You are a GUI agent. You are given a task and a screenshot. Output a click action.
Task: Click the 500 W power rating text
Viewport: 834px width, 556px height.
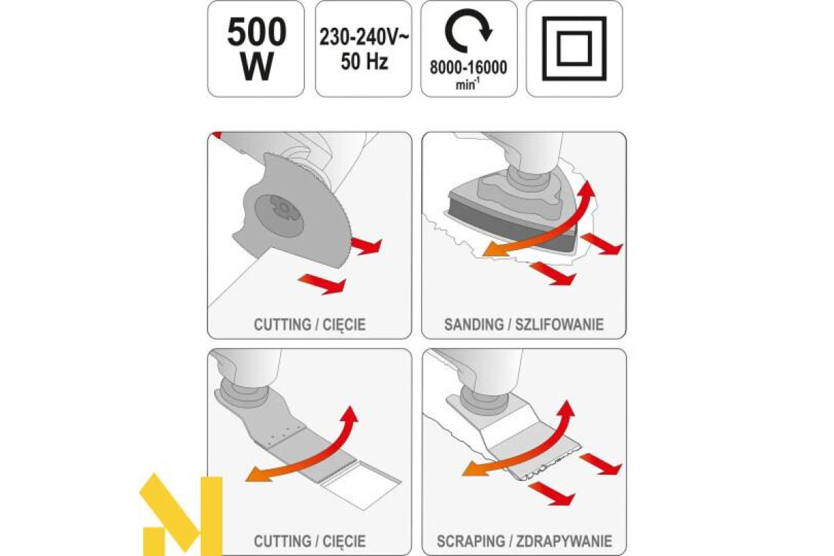256,49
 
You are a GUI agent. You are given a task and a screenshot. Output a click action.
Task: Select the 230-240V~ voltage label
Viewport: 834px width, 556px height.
363,38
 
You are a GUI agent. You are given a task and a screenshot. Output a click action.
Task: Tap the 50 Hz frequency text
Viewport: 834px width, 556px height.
364,62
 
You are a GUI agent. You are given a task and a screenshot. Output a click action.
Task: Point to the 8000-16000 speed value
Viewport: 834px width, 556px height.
468,67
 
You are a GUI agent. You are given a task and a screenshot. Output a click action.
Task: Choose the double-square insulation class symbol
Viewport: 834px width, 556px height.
574,49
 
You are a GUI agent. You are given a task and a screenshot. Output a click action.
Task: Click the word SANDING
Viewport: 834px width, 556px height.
473,325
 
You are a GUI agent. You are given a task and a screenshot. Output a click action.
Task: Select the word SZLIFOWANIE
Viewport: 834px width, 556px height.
559,325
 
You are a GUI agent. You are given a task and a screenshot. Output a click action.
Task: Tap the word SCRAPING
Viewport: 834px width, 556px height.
471,541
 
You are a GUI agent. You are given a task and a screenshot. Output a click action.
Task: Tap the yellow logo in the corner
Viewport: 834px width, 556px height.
181,514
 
